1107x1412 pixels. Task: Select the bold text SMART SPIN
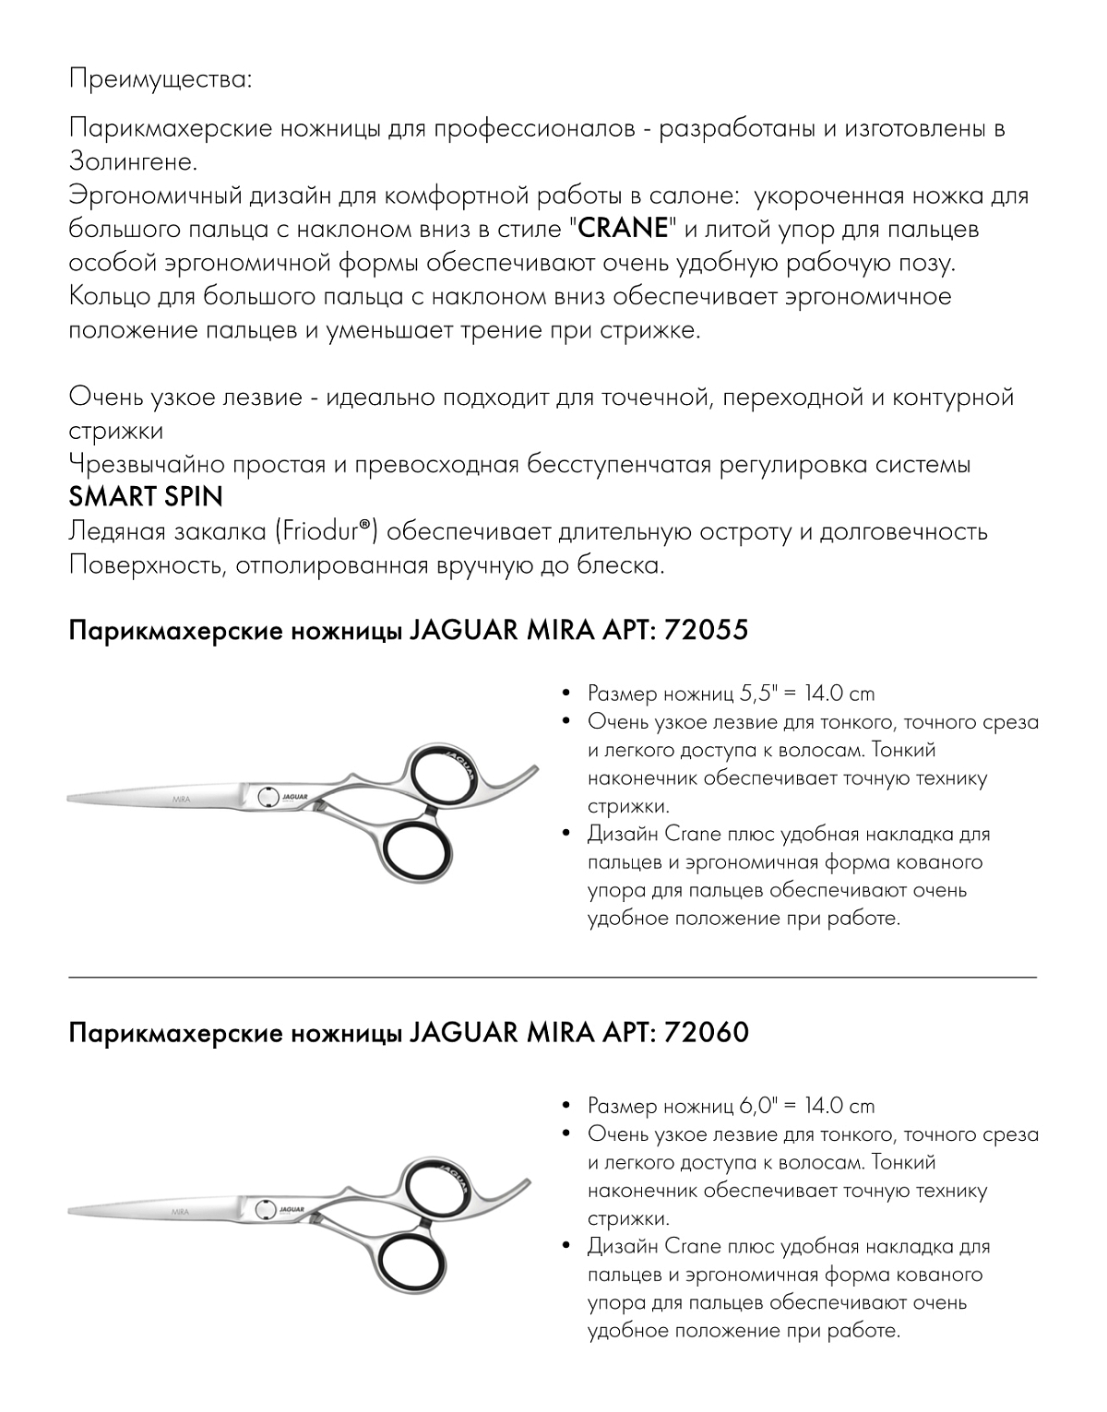[x=146, y=498]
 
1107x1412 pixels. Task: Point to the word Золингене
[x=133, y=161]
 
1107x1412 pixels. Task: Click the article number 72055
[x=705, y=632]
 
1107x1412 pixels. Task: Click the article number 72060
[x=706, y=1034]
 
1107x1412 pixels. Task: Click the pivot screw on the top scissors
[x=266, y=795]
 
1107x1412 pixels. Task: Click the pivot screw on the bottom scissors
[x=266, y=1209]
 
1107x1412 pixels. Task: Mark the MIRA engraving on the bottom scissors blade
[x=181, y=1208]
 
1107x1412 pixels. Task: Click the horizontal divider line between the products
[x=553, y=976]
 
